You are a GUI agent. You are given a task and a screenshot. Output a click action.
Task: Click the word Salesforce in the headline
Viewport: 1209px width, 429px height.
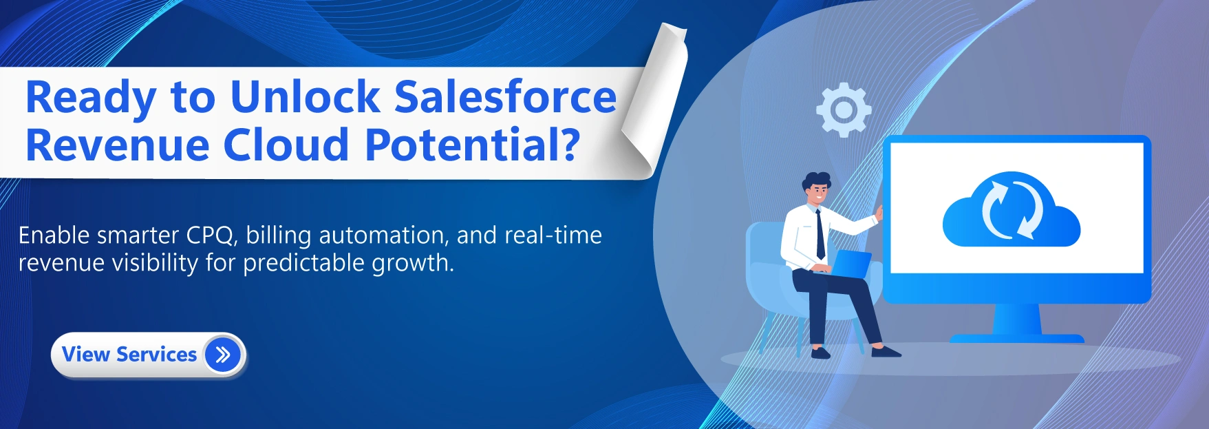pos(506,97)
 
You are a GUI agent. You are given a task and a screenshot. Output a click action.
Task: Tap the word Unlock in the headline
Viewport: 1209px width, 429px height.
pos(304,97)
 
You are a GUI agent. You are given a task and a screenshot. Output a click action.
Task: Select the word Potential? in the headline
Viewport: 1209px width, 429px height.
pos(472,145)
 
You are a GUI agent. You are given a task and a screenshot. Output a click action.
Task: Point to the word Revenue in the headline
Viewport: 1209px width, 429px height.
pos(117,145)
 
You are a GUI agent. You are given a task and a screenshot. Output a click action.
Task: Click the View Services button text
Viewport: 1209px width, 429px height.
pos(129,355)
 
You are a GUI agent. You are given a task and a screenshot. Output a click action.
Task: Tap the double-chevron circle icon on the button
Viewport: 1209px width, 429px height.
pos(223,355)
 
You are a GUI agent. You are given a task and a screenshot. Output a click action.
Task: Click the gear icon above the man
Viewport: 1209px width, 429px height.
pos(843,109)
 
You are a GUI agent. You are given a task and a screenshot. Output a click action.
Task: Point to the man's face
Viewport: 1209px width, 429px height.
pos(817,193)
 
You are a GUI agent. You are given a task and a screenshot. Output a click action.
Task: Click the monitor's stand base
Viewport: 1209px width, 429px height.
pos(1016,338)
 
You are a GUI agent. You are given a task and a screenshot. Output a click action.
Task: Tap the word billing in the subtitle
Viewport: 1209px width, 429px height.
pos(278,236)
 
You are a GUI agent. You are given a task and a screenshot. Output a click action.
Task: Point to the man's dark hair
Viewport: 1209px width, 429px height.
pos(816,180)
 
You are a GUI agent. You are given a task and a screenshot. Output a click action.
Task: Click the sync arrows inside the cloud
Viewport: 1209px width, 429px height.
pos(1011,208)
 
